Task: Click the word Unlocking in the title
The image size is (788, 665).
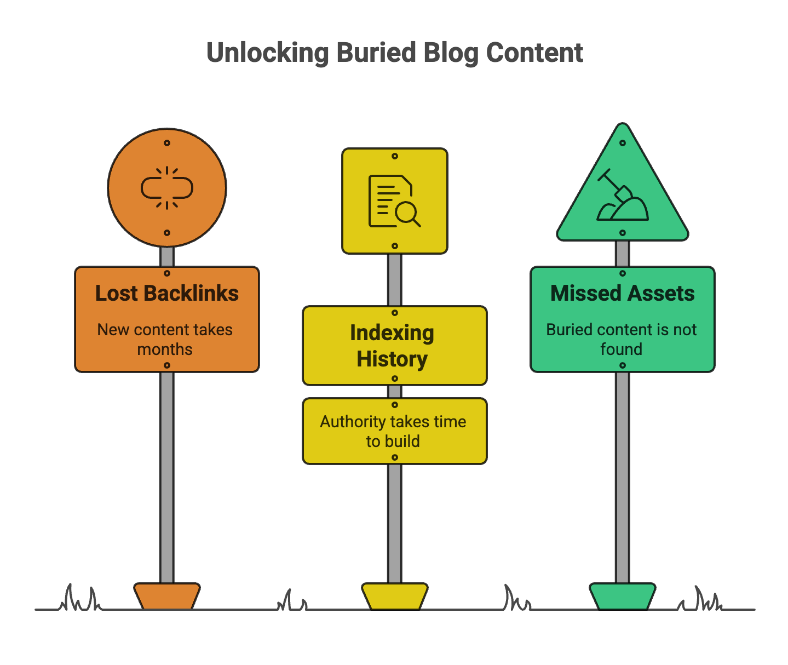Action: tap(268, 53)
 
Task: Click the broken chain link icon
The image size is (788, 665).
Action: tap(167, 188)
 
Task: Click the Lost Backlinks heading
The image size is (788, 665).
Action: tap(167, 294)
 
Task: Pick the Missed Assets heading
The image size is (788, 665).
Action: tap(622, 294)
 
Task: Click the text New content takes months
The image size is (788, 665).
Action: tap(165, 340)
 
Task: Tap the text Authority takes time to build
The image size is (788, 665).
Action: tap(393, 431)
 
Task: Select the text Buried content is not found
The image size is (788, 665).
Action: tap(622, 340)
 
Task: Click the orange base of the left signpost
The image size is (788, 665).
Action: tap(167, 596)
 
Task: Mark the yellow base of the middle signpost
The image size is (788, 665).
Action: tap(394, 596)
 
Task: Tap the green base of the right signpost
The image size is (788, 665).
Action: tap(622, 596)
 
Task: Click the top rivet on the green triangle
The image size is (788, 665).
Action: tap(623, 143)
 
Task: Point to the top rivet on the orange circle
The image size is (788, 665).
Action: tap(167, 143)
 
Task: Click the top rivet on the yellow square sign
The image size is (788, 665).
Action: tap(394, 156)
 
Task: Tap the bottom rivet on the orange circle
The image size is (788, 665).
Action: tap(167, 233)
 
